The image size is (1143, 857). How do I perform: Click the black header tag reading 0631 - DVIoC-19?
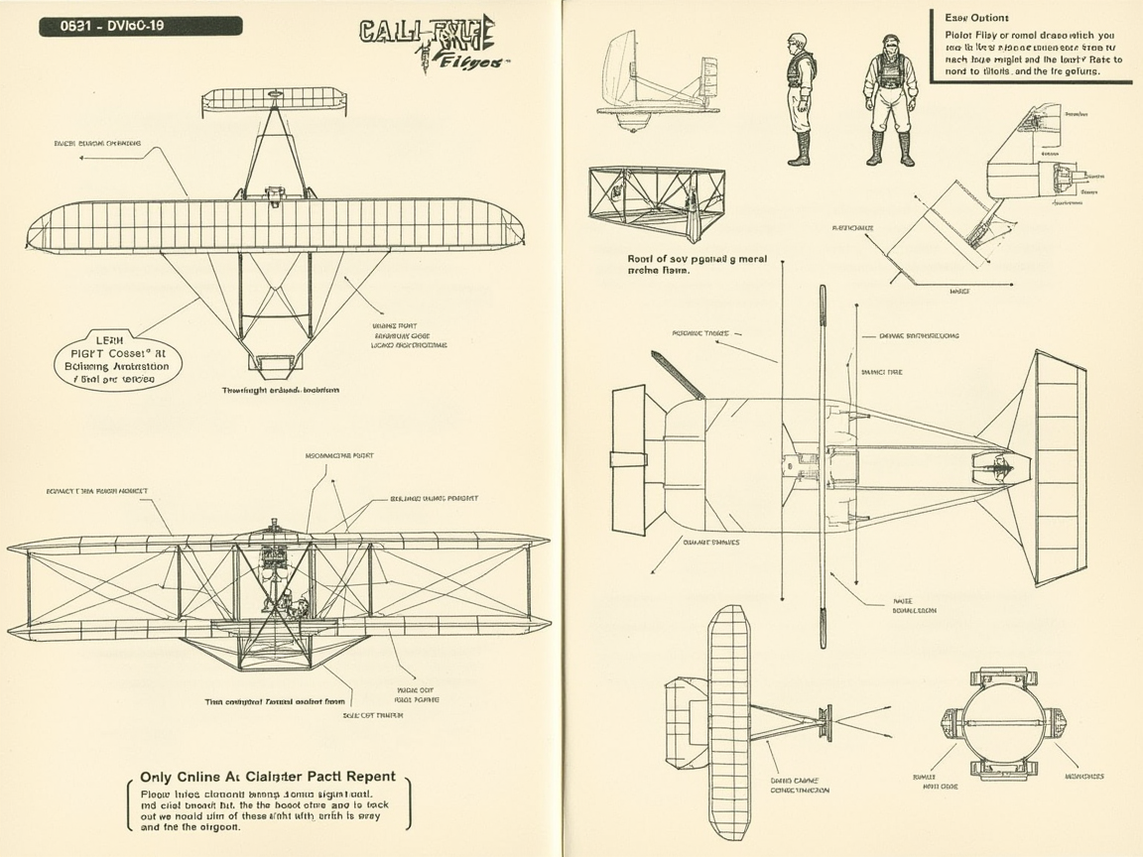140,26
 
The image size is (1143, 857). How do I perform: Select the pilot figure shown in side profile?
800,99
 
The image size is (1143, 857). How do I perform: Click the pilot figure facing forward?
890,99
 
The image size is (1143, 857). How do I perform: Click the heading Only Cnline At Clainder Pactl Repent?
268,777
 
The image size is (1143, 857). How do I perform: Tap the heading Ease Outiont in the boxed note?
976,18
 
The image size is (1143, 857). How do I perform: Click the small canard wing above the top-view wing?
275,99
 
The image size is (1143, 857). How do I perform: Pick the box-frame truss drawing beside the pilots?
657,201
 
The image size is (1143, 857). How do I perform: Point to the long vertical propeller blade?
823,466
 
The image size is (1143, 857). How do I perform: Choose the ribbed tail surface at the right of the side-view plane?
1060,468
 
